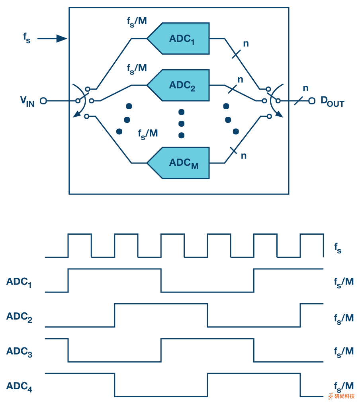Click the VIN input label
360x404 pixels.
coord(27,101)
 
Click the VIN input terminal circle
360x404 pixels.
coord(43,101)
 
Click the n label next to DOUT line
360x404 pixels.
coord(305,88)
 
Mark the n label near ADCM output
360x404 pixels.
coord(244,156)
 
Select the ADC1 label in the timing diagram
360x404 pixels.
coord(19,282)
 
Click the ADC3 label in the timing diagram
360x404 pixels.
coord(19,352)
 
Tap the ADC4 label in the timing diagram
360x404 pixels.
coord(19,386)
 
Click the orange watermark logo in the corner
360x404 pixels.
coord(331,396)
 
